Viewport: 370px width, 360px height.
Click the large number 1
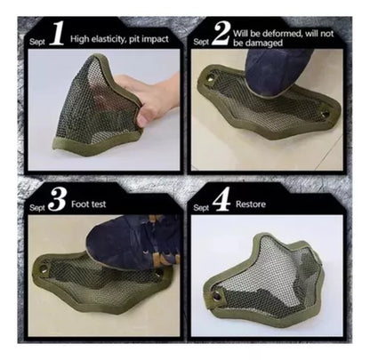point(57,33)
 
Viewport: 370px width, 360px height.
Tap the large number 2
point(221,33)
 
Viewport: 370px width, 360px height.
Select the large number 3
point(57,200)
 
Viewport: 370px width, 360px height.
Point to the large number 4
point(221,200)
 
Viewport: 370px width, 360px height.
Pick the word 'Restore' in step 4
point(251,204)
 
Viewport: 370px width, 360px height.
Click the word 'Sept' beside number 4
point(201,208)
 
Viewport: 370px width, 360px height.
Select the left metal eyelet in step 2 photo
point(211,77)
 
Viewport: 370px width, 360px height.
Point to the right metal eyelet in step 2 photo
point(326,114)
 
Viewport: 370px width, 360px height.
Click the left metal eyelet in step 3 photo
point(44,269)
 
